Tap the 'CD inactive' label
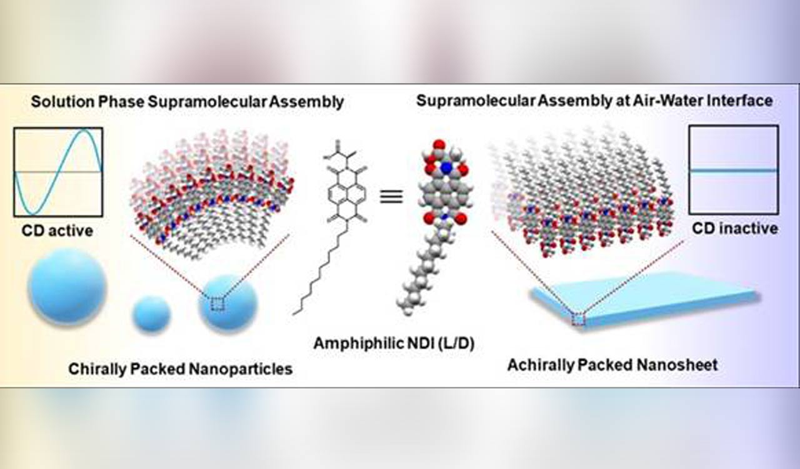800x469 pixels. (x=734, y=228)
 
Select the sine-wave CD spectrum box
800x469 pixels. (x=58, y=171)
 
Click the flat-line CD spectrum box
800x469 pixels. (x=733, y=169)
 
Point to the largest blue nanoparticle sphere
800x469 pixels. (x=67, y=286)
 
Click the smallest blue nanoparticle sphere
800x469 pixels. (x=151, y=314)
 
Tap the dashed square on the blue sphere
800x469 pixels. (x=217, y=304)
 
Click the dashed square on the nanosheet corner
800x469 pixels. (x=579, y=320)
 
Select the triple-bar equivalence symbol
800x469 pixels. (x=391, y=196)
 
